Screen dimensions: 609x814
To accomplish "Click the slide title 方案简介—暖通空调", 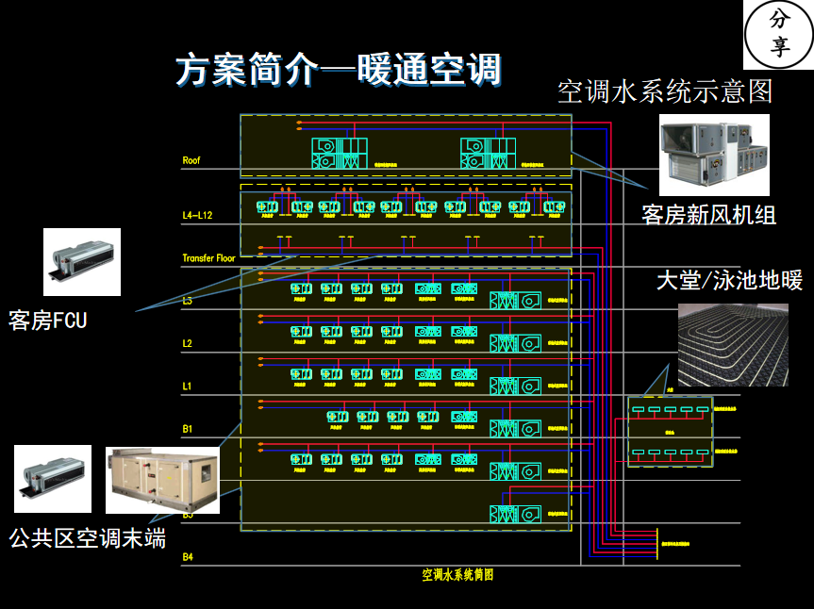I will pyautogui.click(x=338, y=72).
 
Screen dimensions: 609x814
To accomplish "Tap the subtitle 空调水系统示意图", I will pyautogui.click(x=664, y=91).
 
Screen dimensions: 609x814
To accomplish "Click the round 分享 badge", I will pyautogui.click(x=778, y=35).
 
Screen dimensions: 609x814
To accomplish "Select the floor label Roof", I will pyautogui.click(x=191, y=161).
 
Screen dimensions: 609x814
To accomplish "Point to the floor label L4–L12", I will pyautogui.click(x=197, y=216).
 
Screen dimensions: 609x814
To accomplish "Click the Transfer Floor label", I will pyautogui.click(x=208, y=257).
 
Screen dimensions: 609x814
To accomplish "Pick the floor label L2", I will pyautogui.click(x=187, y=344).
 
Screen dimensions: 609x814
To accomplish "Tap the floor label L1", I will pyautogui.click(x=187, y=387).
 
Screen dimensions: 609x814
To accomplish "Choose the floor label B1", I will pyautogui.click(x=187, y=430).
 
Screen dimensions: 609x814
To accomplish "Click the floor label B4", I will pyautogui.click(x=187, y=557).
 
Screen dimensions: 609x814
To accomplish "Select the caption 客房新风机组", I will pyautogui.click(x=708, y=215).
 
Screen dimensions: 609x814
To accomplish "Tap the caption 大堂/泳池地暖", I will pyautogui.click(x=729, y=281).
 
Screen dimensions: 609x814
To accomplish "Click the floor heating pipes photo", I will pyautogui.click(x=733, y=345).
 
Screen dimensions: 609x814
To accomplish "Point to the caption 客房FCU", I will pyautogui.click(x=47, y=321).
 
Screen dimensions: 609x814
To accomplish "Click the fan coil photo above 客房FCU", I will pyautogui.click(x=82, y=261).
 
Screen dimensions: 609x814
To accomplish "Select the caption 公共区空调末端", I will pyautogui.click(x=87, y=538).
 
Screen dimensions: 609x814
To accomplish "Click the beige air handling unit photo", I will pyautogui.click(x=162, y=480).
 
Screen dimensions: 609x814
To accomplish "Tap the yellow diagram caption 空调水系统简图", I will pyautogui.click(x=457, y=574).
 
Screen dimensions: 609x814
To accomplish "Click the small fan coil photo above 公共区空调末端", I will pyautogui.click(x=52, y=478).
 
